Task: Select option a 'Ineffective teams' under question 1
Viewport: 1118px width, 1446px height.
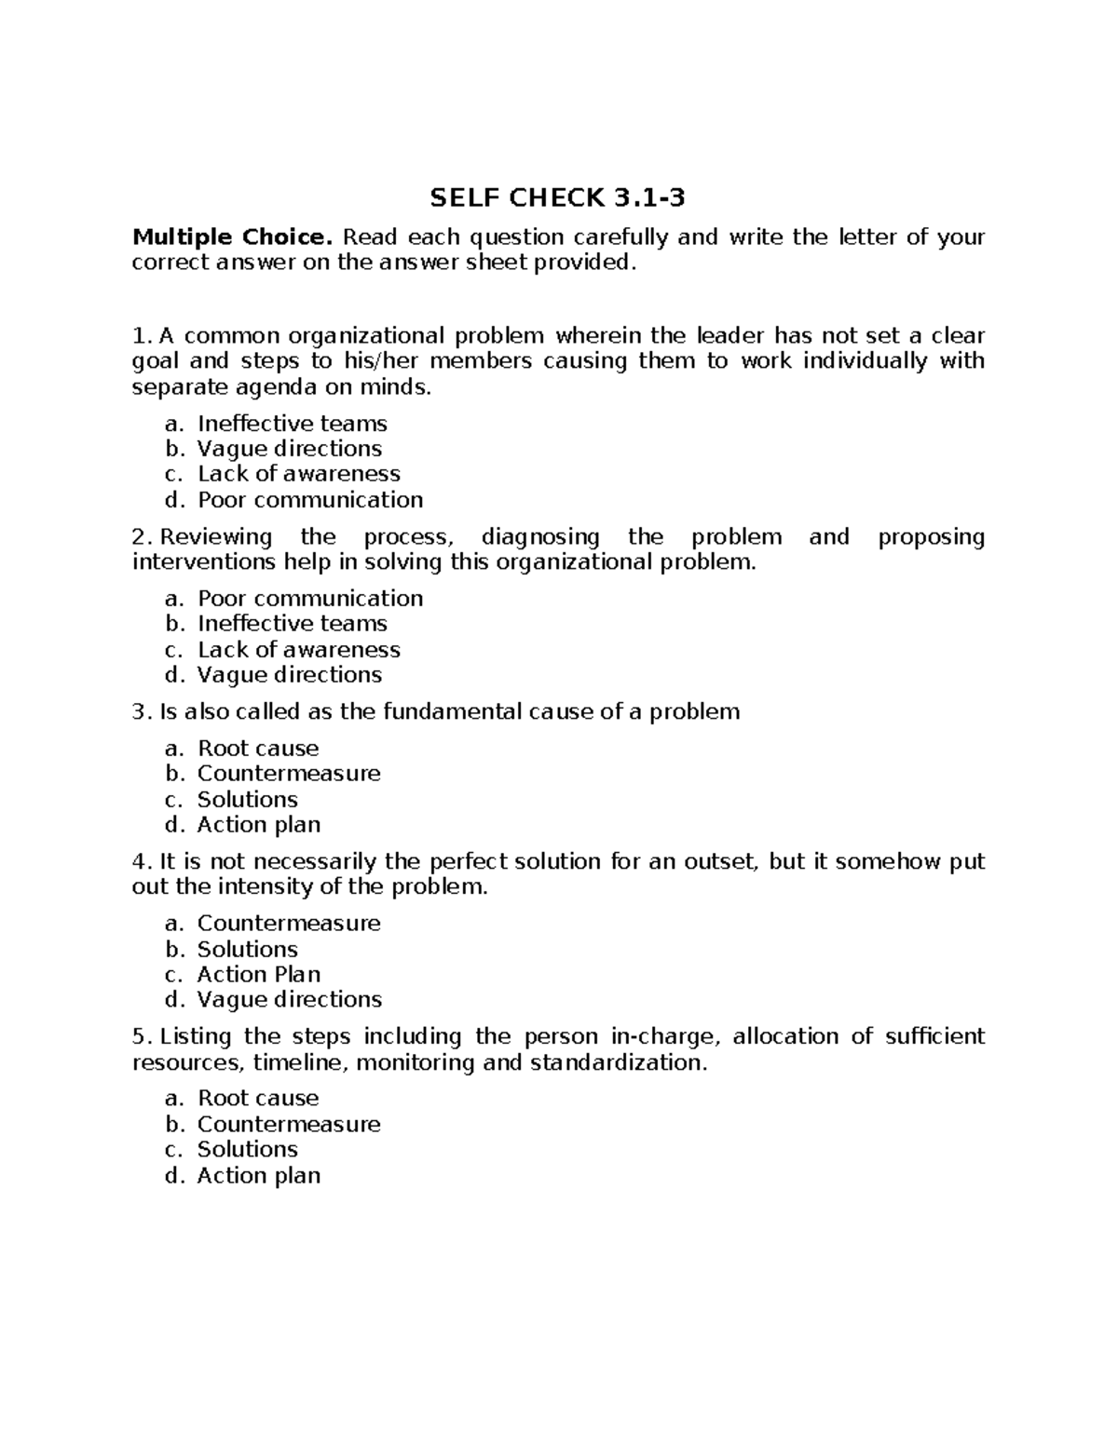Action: pos(292,424)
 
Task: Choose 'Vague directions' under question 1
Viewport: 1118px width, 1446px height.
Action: pos(289,449)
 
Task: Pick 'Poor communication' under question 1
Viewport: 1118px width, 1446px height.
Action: pos(309,500)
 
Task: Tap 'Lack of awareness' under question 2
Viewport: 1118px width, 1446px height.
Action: pos(298,649)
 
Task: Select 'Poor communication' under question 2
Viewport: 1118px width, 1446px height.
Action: pos(309,598)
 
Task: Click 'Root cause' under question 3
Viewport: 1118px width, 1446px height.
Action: pos(257,749)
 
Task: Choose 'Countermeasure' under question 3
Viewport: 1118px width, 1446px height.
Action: pos(288,774)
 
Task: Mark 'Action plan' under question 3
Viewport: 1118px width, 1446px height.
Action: pos(258,825)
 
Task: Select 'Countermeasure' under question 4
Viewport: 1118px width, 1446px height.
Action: pos(288,924)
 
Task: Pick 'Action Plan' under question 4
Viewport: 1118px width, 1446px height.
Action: pos(258,975)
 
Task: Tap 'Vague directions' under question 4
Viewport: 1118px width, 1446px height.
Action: pos(289,1000)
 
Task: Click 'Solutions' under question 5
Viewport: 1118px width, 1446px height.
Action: pos(247,1150)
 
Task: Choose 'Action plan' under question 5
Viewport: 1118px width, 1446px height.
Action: pos(258,1176)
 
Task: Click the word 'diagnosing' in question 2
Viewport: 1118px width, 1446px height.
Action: pos(540,537)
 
